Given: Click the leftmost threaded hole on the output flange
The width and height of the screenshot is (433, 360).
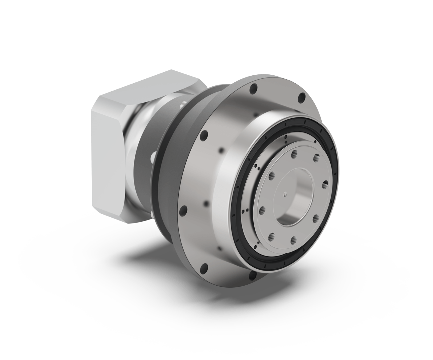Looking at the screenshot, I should tap(263, 210).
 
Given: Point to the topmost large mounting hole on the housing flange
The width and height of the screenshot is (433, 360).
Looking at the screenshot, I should tap(254, 88).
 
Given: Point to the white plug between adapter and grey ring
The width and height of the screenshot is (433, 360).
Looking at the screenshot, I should tap(153, 158).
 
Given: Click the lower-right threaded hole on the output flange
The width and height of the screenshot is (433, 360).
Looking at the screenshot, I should tap(316, 219).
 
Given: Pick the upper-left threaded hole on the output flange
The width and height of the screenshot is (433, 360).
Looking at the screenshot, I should tap(272, 176).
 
